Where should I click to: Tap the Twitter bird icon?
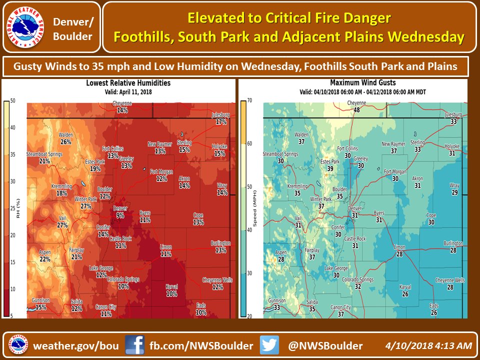pos(269,345)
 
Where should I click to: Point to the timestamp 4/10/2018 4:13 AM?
pos(429,345)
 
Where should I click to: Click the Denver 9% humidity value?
pos(120,215)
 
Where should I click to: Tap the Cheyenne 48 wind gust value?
pos(357,109)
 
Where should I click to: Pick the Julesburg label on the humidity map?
pos(219,114)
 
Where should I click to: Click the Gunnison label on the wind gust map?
pos(277,301)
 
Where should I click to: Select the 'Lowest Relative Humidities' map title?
pos(128,83)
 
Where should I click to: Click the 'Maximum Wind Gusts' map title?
pos(363,82)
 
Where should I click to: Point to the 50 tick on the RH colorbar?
pos(13,101)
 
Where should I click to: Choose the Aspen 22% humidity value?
pos(45,259)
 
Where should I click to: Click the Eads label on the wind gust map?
pos(433,305)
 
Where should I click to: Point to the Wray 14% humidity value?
pos(222,192)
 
